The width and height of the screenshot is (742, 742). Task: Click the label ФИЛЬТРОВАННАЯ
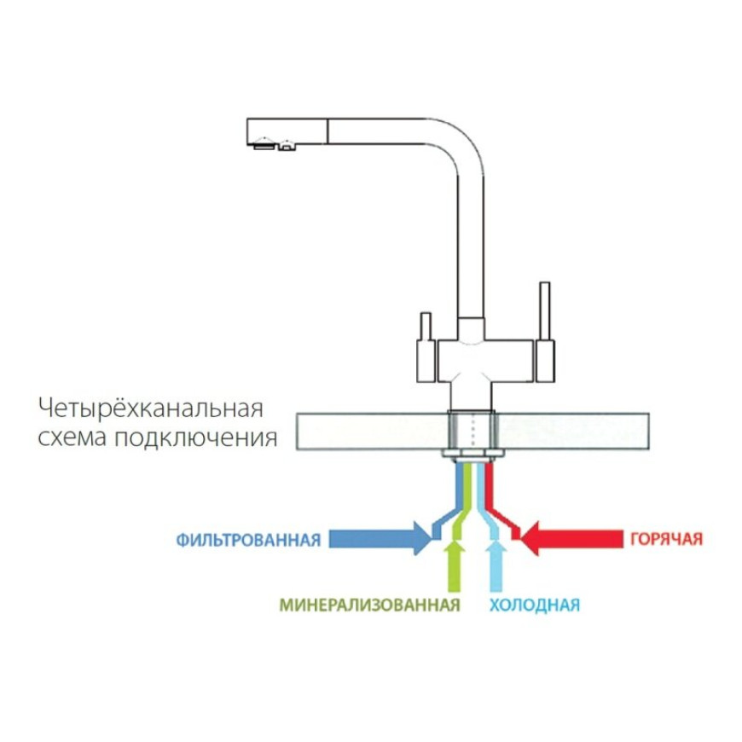click(248, 540)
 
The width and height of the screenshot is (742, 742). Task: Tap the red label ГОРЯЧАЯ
click(666, 540)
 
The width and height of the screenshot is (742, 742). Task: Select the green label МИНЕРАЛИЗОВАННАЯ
click(369, 606)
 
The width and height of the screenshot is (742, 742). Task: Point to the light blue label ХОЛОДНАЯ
click(535, 606)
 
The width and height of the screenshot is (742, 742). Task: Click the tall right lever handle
click(542, 311)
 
